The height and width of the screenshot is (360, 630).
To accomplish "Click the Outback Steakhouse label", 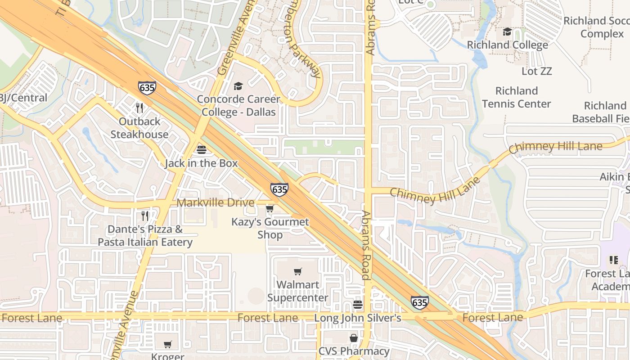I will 139,128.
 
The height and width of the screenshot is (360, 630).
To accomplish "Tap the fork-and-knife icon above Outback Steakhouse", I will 139,108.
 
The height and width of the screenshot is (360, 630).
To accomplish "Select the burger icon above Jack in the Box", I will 201,149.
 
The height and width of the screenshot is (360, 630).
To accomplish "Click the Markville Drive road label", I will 216,202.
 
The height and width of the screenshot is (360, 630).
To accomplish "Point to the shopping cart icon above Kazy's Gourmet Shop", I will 270,208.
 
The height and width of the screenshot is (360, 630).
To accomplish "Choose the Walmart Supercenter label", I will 298,291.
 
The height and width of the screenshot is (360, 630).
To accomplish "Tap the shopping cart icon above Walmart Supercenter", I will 297,271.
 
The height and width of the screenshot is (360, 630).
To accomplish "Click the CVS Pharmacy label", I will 354,351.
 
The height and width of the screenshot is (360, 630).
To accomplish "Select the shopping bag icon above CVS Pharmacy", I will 354,337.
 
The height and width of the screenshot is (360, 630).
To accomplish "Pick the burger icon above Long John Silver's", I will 358,305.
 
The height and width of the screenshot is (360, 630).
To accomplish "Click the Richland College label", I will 508,45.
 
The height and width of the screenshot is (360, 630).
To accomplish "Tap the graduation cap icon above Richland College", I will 508,31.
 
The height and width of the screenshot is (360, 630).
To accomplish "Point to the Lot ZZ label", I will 536,71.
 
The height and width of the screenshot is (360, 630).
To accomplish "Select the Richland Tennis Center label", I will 517,97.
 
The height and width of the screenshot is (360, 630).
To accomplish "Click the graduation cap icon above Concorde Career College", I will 238,86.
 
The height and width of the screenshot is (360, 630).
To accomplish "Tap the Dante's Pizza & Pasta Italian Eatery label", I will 145,236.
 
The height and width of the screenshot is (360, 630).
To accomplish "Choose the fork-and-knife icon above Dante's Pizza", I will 145,216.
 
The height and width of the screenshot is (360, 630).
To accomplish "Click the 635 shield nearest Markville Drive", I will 279,189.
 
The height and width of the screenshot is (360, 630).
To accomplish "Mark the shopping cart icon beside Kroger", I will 168,345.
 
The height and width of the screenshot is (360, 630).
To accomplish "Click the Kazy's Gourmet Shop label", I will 270,228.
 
